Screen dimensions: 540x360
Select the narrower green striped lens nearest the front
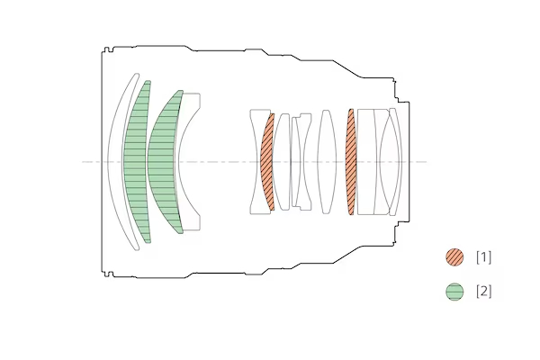click(x=136, y=162)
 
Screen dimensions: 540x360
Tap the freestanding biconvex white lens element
click(x=327, y=162)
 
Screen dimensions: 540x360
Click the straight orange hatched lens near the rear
click(x=351, y=162)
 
